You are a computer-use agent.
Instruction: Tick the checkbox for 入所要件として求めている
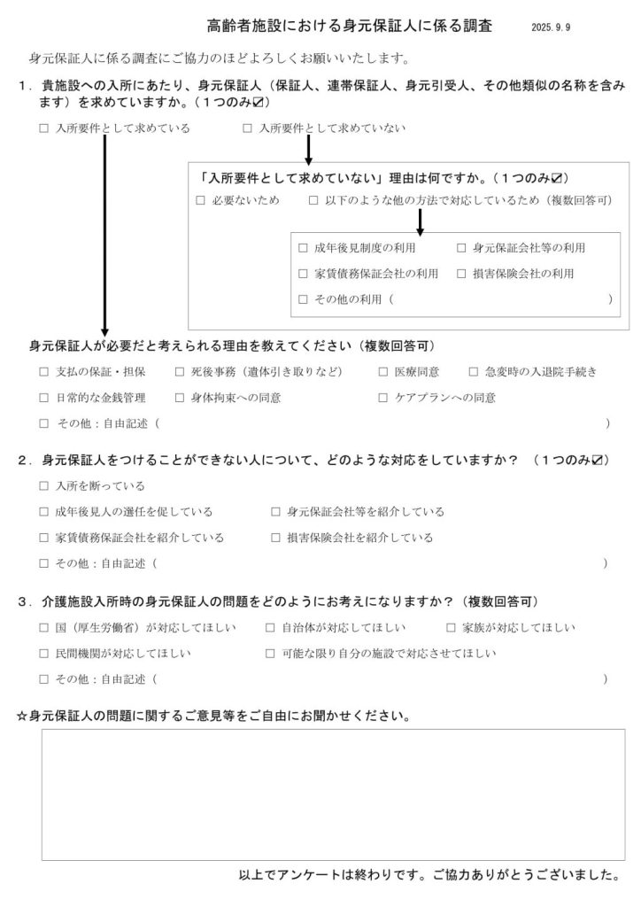pos(45,128)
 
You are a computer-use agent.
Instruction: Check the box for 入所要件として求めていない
pos(247,128)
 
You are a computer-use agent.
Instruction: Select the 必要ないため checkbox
pos(201,200)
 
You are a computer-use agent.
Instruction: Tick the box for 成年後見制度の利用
pos(304,248)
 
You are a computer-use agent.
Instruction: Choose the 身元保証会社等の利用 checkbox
pos(462,248)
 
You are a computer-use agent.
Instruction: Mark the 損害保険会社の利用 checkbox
pos(462,274)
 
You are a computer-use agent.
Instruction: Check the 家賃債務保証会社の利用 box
pos(304,274)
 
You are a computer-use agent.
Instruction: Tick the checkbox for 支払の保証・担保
pos(45,372)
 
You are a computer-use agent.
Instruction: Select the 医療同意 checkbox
pos(383,372)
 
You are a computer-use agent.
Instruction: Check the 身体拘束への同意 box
pos(180,398)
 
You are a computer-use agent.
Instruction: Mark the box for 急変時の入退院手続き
pos(474,372)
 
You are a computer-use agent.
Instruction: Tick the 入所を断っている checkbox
pos(45,486)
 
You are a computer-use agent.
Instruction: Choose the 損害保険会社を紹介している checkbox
pos(277,538)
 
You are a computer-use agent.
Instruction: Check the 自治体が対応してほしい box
pos(270,628)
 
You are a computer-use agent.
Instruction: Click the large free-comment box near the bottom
pos(333,795)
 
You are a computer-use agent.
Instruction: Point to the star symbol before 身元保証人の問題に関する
pos(23,715)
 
